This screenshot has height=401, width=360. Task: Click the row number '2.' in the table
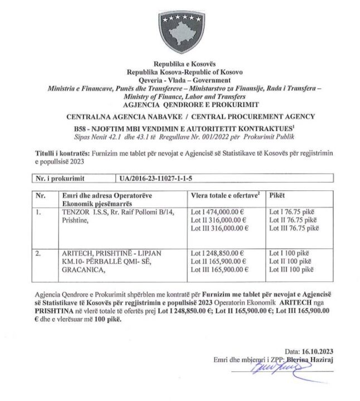point(38,253)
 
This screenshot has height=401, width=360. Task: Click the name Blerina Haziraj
point(310,360)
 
